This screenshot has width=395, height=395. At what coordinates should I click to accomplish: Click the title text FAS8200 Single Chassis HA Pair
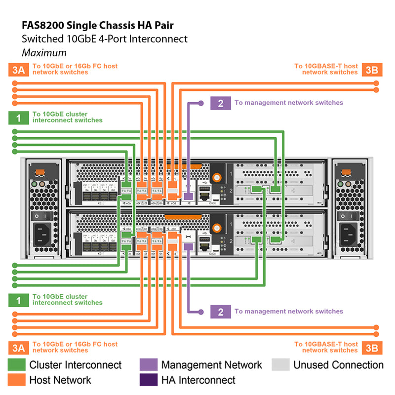coord(98,25)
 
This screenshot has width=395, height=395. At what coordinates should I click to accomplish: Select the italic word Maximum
coord(44,52)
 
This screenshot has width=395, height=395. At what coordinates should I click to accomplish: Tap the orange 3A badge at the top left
coord(18,70)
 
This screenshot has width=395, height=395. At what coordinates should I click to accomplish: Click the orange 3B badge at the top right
coord(371,70)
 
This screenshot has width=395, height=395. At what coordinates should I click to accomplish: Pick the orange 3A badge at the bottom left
coord(18,348)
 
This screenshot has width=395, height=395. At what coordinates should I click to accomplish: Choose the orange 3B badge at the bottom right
coord(371,348)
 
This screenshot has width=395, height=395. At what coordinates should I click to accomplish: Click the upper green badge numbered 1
coord(18,118)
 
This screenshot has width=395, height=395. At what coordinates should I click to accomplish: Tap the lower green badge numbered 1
coord(18,300)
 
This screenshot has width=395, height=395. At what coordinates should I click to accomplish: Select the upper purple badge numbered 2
coord(220,103)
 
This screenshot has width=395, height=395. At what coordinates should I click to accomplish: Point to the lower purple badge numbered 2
coord(220,312)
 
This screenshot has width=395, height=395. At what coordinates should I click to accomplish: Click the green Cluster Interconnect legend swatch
coord(16,365)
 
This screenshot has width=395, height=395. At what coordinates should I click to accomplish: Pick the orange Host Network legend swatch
coord(16,380)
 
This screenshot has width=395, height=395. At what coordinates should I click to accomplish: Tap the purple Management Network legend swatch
coord(148,365)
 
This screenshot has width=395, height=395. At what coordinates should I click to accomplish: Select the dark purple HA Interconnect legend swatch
coord(148,380)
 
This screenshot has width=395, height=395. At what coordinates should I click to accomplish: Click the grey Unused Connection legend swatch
coord(280,365)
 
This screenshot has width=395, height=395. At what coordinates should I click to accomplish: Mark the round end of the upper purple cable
coord(201,103)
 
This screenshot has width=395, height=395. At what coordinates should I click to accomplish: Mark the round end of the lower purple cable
coord(201,312)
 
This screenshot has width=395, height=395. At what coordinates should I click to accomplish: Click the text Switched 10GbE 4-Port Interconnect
coord(105,39)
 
